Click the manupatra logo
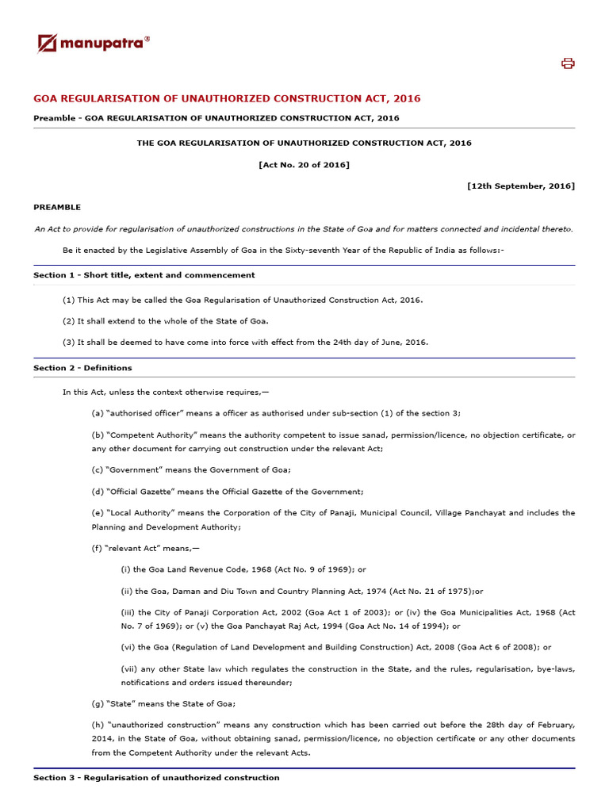(94, 43)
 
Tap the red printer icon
(568, 63)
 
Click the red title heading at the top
(227, 99)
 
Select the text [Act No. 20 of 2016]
(304, 165)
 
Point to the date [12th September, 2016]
(521, 186)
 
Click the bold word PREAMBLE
(57, 208)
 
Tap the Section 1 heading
(144, 275)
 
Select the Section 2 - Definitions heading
(82, 368)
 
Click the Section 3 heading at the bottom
(156, 778)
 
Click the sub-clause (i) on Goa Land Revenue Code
(243, 569)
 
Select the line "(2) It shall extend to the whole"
(166, 321)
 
